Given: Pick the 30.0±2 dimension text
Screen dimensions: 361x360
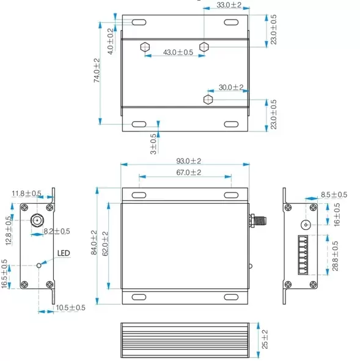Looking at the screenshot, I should click(231, 87).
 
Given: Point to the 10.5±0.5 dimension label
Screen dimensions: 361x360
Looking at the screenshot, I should click(70, 308).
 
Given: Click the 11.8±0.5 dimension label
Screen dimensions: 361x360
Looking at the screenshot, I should click(26, 194).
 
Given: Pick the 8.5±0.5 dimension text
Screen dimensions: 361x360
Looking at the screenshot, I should click(334, 195).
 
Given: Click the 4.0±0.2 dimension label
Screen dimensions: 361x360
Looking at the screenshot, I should click(110, 41).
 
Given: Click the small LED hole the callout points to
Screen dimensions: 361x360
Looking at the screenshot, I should click(40, 265).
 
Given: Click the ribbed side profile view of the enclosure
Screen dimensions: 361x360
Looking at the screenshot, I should click(185, 338).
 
